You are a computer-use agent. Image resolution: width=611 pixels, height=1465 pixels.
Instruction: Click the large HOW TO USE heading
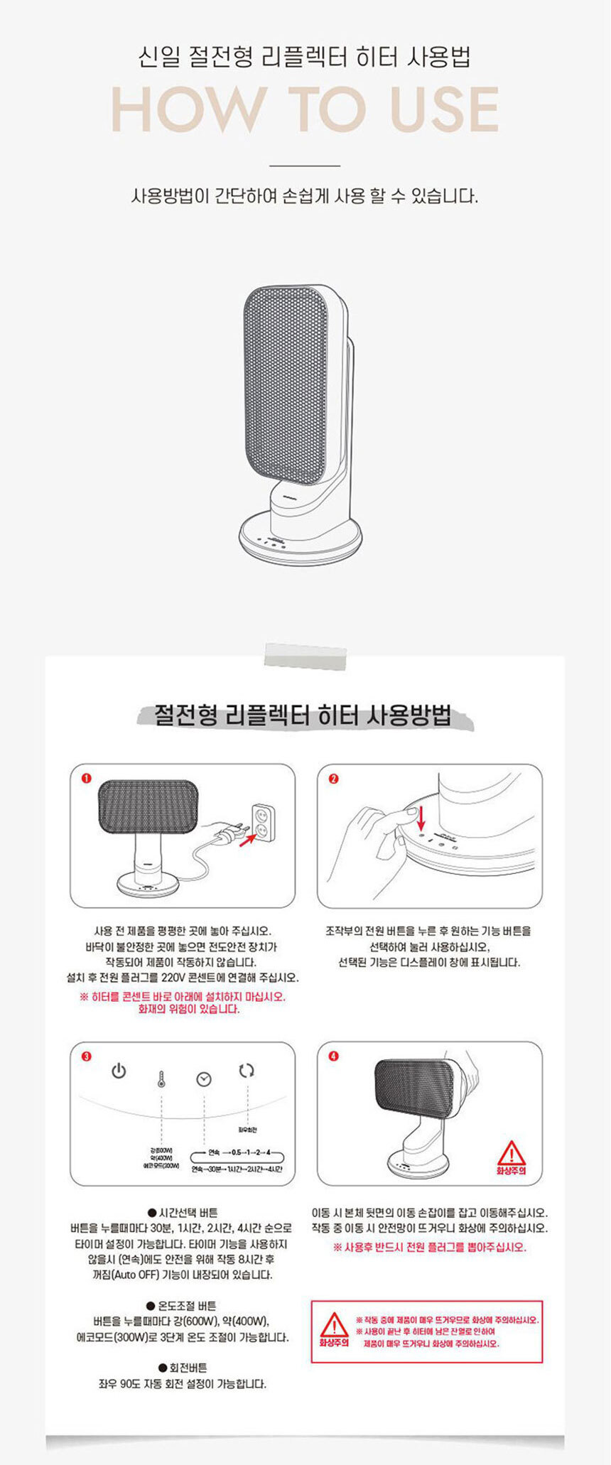tap(305, 109)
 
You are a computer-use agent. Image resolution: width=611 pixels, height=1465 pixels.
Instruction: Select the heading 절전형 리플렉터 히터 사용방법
tap(304, 715)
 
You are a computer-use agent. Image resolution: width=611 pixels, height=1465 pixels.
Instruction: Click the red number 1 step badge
tap(87, 778)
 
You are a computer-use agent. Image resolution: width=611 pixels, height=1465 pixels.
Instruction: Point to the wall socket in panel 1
tap(263, 822)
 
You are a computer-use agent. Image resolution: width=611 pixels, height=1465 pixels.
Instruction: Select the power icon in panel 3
tap(119, 1071)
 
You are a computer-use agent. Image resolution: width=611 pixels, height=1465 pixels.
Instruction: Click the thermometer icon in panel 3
tap(161, 1079)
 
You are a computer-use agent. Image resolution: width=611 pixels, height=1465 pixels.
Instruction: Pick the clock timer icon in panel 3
tap(204, 1079)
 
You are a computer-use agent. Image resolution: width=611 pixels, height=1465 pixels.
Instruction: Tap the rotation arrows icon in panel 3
tap(247, 1070)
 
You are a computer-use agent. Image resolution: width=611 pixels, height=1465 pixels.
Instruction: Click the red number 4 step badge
tap(334, 1056)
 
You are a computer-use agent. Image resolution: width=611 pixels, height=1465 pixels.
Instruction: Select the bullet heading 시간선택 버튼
tap(183, 1213)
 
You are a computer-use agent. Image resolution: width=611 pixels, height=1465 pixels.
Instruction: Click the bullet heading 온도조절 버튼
tap(182, 1306)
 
